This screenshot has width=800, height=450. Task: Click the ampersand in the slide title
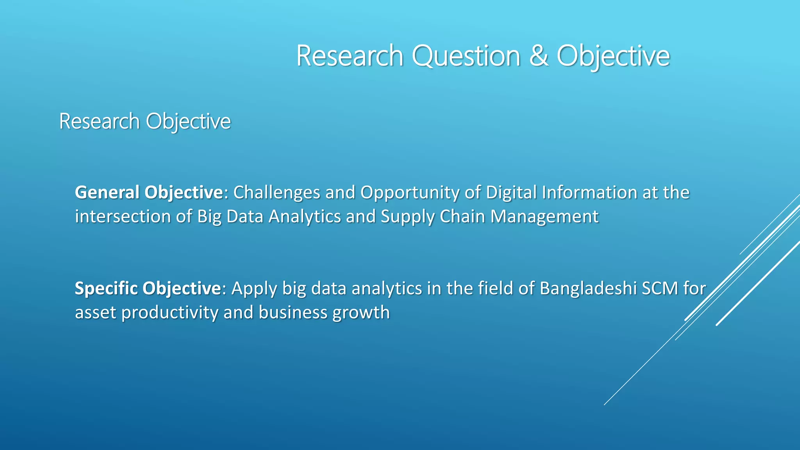pyautogui.click(x=539, y=56)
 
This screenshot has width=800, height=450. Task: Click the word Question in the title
pyautogui.click(x=466, y=56)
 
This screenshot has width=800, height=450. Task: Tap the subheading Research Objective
pyautogui.click(x=145, y=121)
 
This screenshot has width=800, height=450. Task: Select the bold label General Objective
pyautogui.click(x=149, y=192)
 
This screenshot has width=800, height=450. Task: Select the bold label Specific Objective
pyautogui.click(x=148, y=288)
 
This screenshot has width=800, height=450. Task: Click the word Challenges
pyautogui.click(x=277, y=192)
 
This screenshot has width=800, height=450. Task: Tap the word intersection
pyautogui.click(x=123, y=216)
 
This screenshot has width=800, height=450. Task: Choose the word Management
pyautogui.click(x=545, y=216)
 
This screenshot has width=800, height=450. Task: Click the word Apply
pyautogui.click(x=254, y=288)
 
